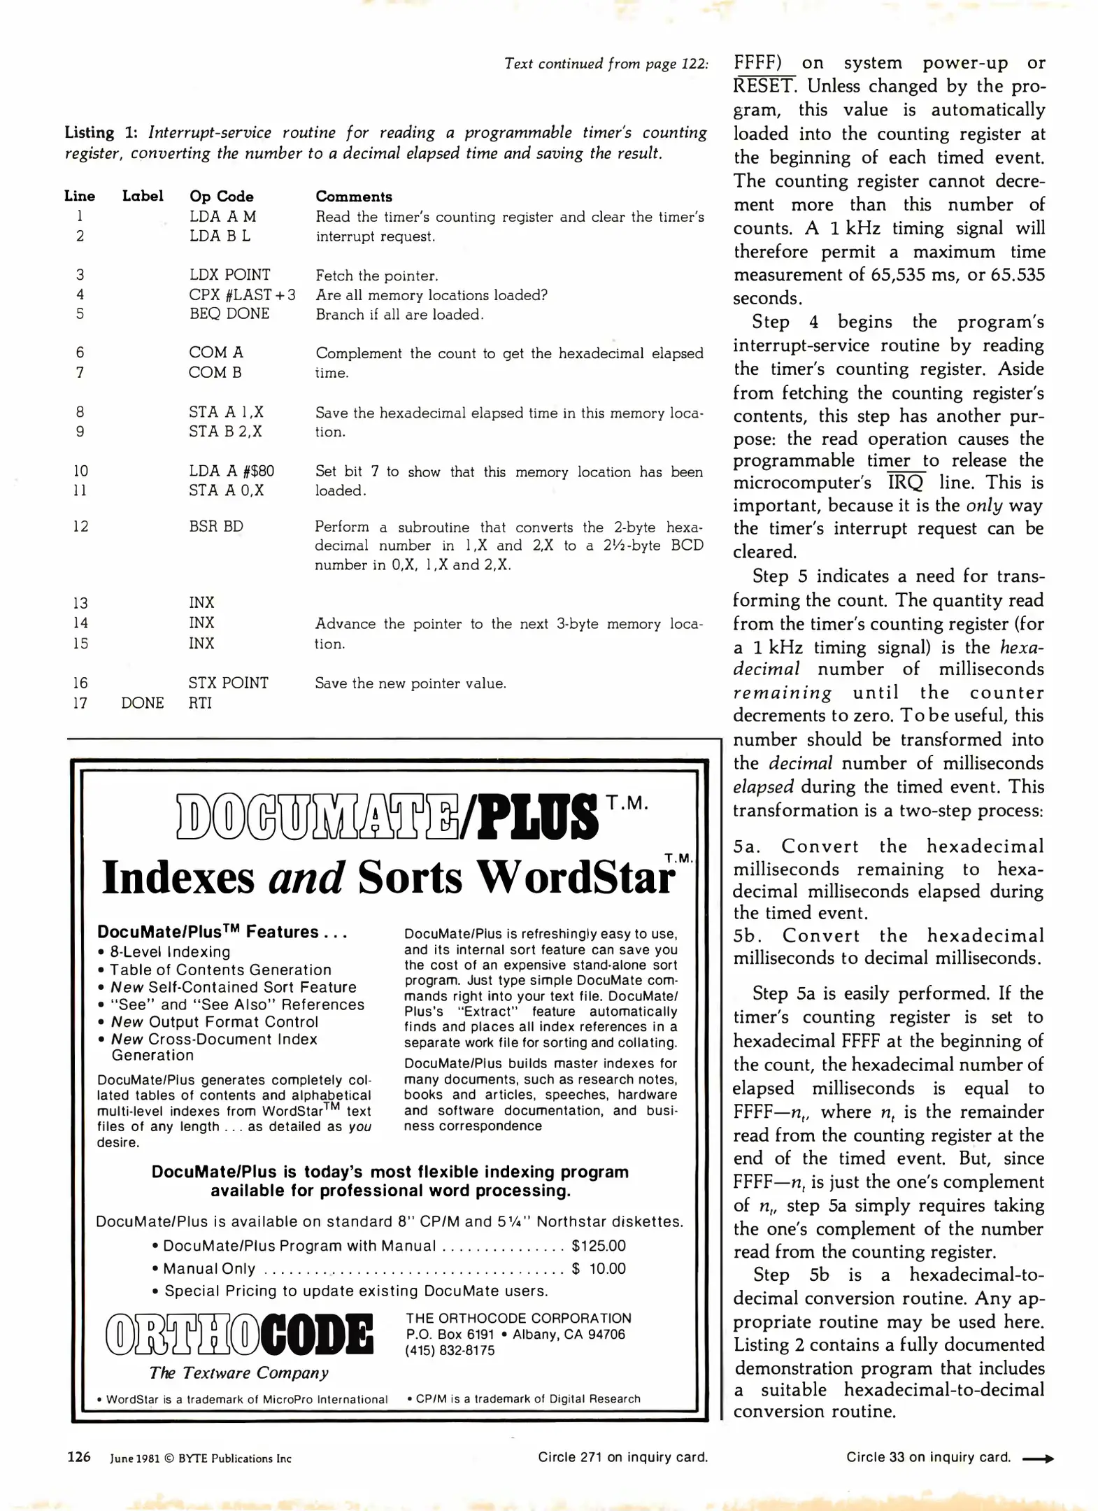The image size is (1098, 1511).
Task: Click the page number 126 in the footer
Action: pos(78,1456)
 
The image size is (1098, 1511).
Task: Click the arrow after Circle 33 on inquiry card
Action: pos(1038,1459)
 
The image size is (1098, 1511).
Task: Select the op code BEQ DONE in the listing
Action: pos(229,314)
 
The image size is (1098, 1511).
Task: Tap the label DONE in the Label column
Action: pos(142,703)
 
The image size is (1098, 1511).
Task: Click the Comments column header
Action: pos(353,197)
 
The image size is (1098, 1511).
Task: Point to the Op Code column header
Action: pos(221,197)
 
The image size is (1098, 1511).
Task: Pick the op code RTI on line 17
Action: pos(200,703)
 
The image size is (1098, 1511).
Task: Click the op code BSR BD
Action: pos(215,526)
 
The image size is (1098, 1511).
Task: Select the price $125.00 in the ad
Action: pos(598,1246)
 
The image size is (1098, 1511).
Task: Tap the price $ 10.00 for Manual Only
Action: pos(598,1269)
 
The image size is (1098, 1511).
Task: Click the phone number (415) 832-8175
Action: pos(449,1351)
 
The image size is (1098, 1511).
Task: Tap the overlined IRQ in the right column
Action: pos(906,483)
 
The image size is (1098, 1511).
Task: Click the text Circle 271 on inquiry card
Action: pos(622,1457)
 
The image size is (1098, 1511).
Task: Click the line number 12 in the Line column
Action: pos(80,526)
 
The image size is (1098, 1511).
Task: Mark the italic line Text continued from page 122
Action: pos(606,64)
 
